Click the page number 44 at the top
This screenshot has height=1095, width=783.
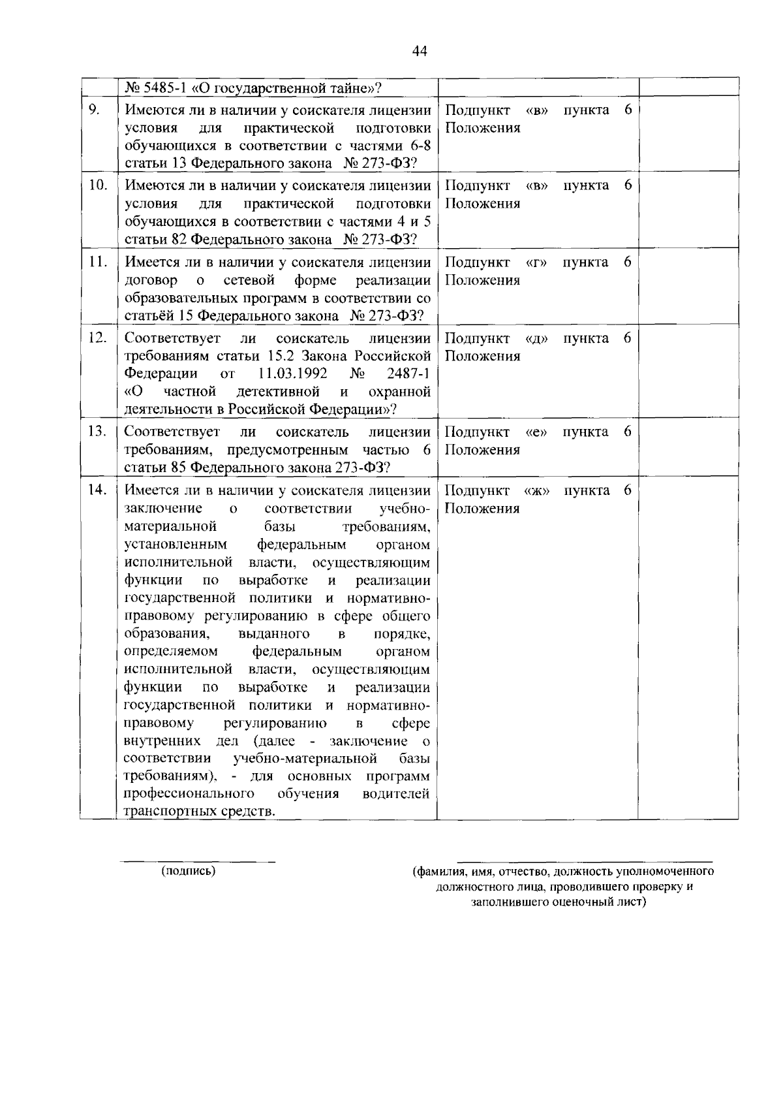420,52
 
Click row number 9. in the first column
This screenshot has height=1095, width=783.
94,110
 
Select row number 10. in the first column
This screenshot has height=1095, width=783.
98,185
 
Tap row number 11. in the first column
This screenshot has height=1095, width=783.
98,262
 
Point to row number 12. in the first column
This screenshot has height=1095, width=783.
98,338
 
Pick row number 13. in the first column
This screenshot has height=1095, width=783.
98,432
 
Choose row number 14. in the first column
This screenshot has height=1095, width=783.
98,490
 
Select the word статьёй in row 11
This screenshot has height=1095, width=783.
149,316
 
